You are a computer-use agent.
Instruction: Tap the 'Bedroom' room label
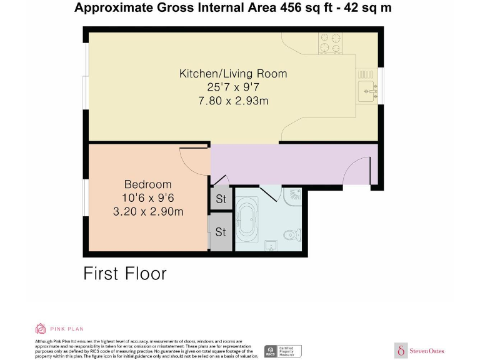click(147, 184)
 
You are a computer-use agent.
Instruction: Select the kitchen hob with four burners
click(331, 42)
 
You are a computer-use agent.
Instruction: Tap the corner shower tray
click(293, 196)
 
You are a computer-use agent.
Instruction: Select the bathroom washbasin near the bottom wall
click(270, 244)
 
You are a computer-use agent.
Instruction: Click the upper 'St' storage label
click(221, 200)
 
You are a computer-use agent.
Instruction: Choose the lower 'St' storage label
click(221, 232)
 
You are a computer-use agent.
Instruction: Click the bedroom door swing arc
click(194, 161)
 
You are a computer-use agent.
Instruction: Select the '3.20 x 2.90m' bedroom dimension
click(147, 212)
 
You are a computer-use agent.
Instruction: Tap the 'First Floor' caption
click(125, 273)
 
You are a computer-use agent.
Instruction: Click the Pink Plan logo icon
click(41, 328)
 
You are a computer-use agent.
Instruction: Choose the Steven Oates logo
click(420, 351)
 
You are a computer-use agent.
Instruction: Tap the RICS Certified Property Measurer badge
click(282, 351)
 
